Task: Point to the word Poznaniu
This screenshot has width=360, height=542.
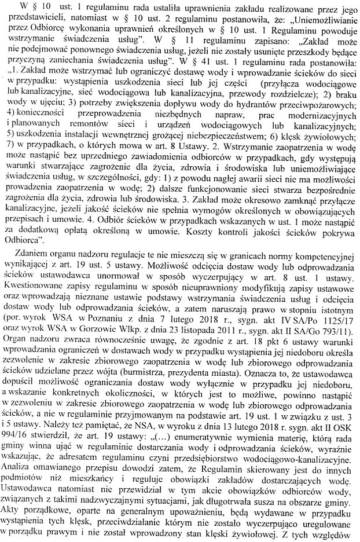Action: point(98,318)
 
